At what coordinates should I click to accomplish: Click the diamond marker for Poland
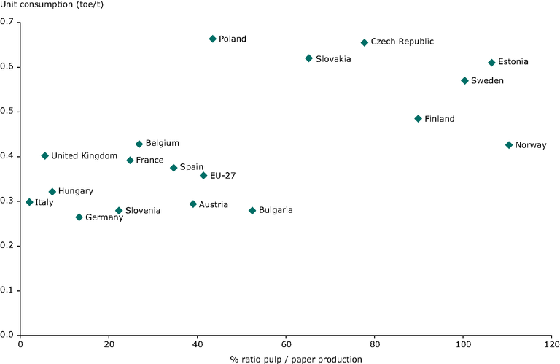click(213, 39)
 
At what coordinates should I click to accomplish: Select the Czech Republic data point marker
click(365, 42)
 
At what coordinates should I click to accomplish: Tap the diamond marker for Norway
click(509, 145)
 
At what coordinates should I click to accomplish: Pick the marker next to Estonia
click(491, 63)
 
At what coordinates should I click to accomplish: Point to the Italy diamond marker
click(29, 202)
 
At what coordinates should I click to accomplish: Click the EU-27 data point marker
click(203, 175)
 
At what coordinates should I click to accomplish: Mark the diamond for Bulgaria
click(252, 211)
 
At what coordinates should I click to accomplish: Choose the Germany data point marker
click(79, 217)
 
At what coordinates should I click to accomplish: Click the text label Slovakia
click(333, 59)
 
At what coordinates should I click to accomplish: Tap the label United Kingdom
click(85, 156)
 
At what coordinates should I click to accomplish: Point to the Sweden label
click(487, 81)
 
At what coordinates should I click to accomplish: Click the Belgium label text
click(162, 144)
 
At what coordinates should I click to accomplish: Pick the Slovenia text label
click(143, 211)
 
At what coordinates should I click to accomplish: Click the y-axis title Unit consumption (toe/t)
click(50, 6)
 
